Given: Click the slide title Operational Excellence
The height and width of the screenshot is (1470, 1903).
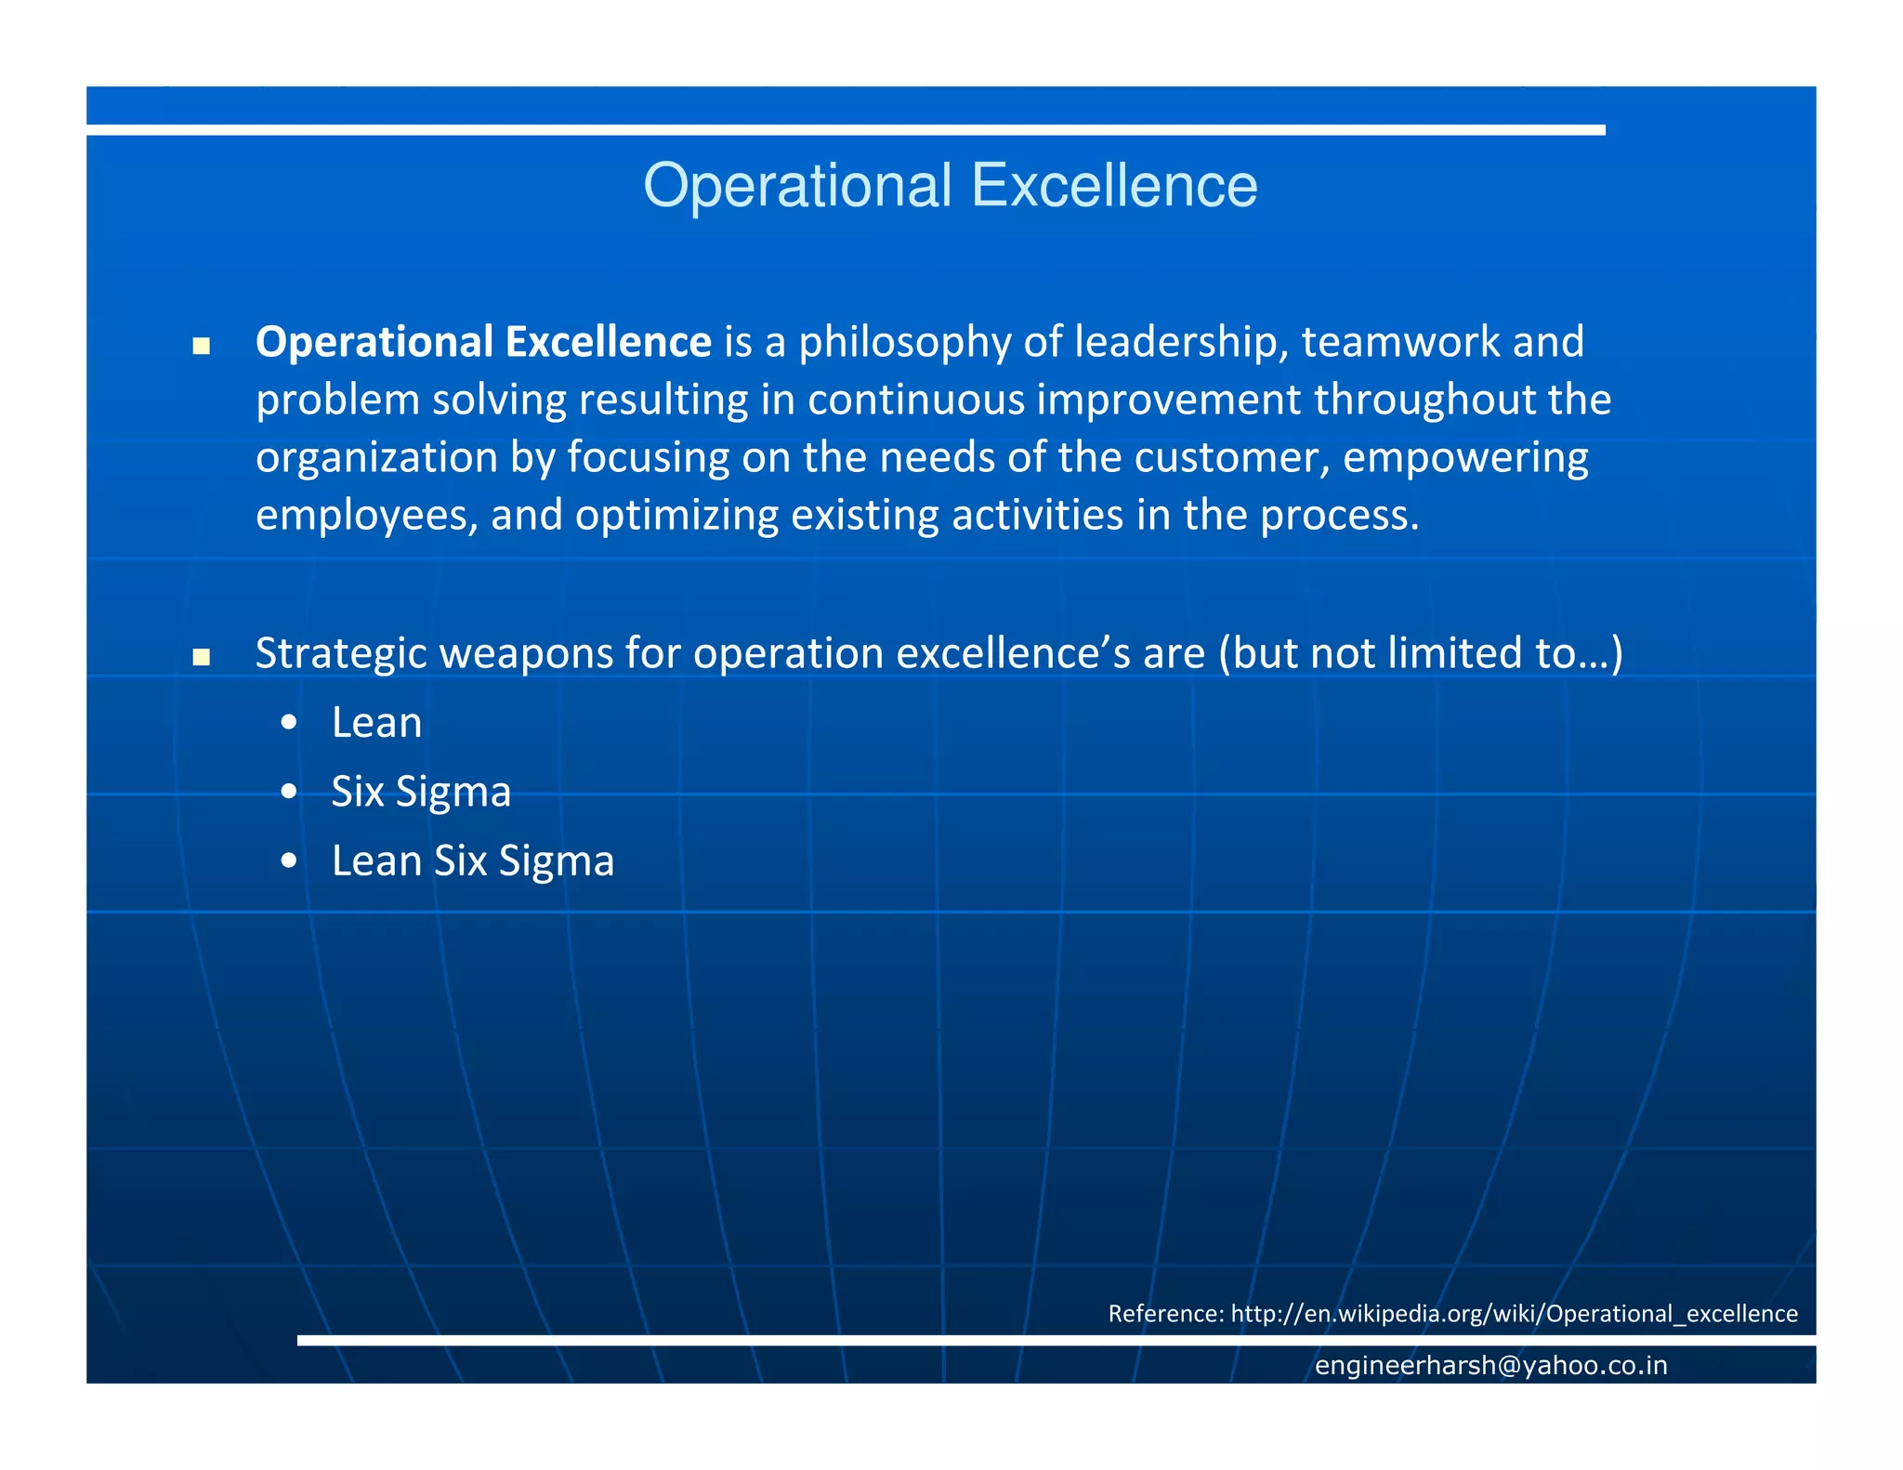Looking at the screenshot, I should pyautogui.click(x=950, y=186).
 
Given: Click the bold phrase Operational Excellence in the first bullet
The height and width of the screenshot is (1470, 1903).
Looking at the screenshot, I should pyautogui.click(x=483, y=342).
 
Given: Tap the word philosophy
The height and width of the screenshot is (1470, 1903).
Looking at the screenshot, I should pyautogui.click(x=904, y=342).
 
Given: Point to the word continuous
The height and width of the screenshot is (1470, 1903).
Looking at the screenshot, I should pyautogui.click(x=915, y=400).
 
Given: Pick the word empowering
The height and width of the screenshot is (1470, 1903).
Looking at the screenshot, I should pyautogui.click(x=1465, y=458).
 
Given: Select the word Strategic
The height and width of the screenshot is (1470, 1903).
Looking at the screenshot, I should pyautogui.click(x=341, y=653).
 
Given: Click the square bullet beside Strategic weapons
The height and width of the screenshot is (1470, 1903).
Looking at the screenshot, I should pyautogui.click(x=201, y=659).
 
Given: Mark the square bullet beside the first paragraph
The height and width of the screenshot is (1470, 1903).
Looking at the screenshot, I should pyautogui.click(x=201, y=348).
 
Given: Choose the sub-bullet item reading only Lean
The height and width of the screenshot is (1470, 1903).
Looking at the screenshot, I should pyautogui.click(x=376, y=723).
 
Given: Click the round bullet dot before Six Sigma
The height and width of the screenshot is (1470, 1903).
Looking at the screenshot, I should pyautogui.click(x=289, y=792).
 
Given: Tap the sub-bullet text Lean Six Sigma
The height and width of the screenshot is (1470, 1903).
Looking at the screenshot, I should pyautogui.click(x=472, y=861).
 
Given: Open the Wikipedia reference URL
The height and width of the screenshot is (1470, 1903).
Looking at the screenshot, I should pyautogui.click(x=1514, y=1313).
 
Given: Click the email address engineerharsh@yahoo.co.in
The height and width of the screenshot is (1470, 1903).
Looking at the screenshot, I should pyautogui.click(x=1490, y=1365).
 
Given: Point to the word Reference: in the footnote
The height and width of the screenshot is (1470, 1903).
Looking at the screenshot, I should pyautogui.click(x=1165, y=1313).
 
